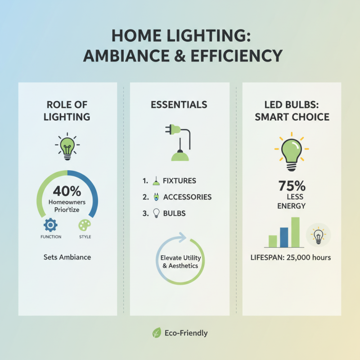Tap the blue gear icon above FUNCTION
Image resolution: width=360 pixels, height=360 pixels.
click(50, 225)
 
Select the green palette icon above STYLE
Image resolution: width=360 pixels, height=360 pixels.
click(85, 225)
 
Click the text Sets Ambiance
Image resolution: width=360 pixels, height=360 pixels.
click(67, 257)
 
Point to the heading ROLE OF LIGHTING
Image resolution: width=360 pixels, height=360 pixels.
click(67, 111)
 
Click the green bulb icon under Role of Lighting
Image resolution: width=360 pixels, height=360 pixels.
click(67, 146)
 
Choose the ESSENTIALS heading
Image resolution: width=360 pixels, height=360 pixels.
click(180, 105)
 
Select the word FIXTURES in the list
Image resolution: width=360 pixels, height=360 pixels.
click(180, 181)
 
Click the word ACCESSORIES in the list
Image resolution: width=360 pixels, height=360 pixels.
click(187, 197)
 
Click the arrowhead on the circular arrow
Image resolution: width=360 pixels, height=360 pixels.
click(183, 236)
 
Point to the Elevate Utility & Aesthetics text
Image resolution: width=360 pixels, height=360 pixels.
click(180, 262)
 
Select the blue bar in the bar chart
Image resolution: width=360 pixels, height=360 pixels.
click(284, 237)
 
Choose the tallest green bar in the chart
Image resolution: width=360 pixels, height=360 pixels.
click(295, 232)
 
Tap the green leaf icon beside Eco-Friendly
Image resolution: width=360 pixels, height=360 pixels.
click(157, 333)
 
